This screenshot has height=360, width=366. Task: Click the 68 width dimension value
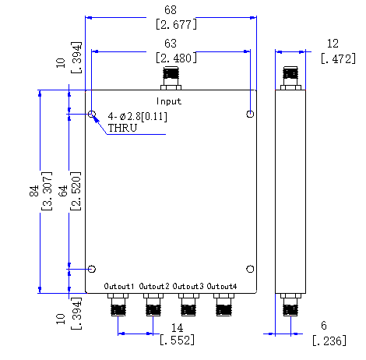coord(169,9)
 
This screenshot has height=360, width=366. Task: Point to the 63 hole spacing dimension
coord(169,43)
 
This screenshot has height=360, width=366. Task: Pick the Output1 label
coord(120,287)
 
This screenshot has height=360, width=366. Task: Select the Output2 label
coord(154,287)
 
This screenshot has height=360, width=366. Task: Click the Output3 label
coord(188,287)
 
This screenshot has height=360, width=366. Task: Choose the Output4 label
coord(223,287)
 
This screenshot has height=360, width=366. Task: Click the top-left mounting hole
coord(92,115)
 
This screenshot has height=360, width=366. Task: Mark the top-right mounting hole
coord(249,115)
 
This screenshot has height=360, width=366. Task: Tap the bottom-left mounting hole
coord(92,270)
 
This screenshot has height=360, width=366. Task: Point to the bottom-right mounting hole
coord(249,270)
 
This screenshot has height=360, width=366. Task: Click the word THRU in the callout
coord(122,129)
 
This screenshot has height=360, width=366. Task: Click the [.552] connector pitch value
coord(178,341)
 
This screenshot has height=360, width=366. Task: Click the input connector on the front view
coord(170,78)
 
